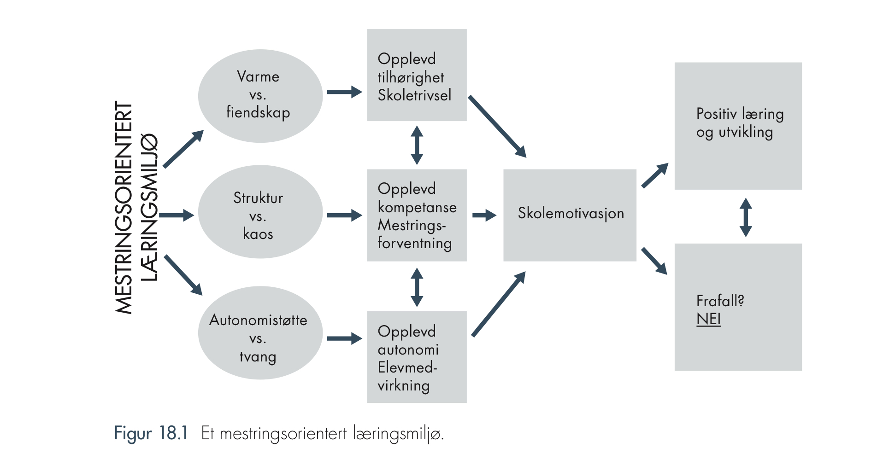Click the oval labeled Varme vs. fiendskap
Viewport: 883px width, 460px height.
pyautogui.click(x=260, y=96)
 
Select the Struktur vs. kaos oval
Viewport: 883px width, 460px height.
pyautogui.click(x=260, y=212)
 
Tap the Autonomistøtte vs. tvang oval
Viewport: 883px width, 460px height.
pyautogui.click(x=260, y=333)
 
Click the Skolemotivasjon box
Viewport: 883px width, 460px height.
pyautogui.click(x=570, y=215)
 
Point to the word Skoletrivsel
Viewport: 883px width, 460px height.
pyautogui.click(x=414, y=95)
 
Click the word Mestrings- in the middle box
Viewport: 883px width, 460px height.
pyautogui.click(x=412, y=226)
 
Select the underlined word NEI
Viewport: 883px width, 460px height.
pyautogui.click(x=708, y=319)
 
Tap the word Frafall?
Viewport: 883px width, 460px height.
pyautogui.click(x=720, y=301)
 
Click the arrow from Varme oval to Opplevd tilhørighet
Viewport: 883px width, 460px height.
pyautogui.click(x=345, y=92)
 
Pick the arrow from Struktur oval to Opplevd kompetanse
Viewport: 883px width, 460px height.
pyautogui.click(x=345, y=215)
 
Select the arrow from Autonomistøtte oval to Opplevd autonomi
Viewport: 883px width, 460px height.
pyautogui.click(x=345, y=338)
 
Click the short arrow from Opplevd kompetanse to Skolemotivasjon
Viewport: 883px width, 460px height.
pyautogui.click(x=484, y=215)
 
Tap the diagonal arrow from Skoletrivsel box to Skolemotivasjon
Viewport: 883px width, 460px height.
pyautogui.click(x=497, y=127)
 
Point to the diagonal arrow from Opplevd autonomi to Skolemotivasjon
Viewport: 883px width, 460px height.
pyautogui.click(x=499, y=304)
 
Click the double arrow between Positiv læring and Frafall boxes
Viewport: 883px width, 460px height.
pyautogui.click(x=746, y=217)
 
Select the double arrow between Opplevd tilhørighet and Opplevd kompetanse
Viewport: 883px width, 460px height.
pyautogui.click(x=417, y=146)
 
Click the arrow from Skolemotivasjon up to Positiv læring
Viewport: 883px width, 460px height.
pyautogui.click(x=655, y=175)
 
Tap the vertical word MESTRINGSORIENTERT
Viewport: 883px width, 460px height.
pyautogui.click(x=124, y=208)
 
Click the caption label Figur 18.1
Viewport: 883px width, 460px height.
pyautogui.click(x=151, y=434)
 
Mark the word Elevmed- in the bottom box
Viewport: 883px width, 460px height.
pyautogui.click(x=407, y=367)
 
